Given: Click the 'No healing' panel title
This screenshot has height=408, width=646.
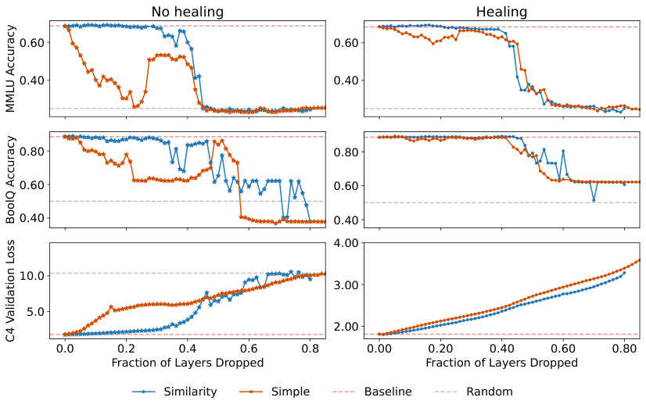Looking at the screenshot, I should tap(187, 12).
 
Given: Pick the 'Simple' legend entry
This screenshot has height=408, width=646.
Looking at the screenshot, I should tap(290, 392).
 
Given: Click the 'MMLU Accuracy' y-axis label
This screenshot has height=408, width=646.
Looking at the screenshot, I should tap(11, 69).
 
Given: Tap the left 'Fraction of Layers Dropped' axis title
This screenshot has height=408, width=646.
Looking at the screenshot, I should tap(187, 363).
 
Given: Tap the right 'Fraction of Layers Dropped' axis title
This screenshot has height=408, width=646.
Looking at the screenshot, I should tap(501, 363).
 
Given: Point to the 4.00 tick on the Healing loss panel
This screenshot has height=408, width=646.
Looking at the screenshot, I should tap(347, 243).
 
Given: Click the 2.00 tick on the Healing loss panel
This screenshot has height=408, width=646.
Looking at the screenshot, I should tap(347, 326).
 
